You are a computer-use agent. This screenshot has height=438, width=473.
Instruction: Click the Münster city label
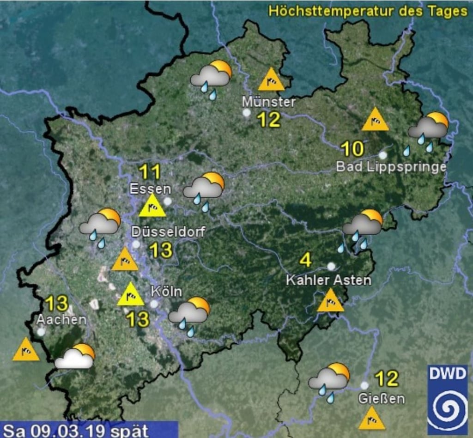tap(269, 102)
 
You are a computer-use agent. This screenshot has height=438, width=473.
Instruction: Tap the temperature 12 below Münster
tap(268, 120)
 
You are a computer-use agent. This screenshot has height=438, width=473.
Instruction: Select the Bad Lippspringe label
tap(391, 167)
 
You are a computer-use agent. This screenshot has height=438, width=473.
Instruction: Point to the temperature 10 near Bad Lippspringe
tap(352, 149)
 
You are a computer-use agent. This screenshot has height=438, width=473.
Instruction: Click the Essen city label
tap(150, 189)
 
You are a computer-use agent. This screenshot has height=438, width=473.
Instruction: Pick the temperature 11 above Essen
tap(150, 172)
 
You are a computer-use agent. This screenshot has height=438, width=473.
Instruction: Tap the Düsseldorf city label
tap(168, 231)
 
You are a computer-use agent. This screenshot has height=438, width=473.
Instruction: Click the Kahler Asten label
tap(328, 280)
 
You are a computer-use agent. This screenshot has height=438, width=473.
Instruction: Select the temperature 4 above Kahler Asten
tap(305, 260)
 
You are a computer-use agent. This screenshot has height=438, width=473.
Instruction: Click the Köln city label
tap(166, 292)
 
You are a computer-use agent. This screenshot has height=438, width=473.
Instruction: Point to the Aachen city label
tap(61, 319)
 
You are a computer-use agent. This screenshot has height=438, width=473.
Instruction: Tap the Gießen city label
tap(382, 398)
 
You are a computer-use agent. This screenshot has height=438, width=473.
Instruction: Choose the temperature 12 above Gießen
tap(387, 379)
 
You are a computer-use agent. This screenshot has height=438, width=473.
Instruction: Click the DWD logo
tap(447, 399)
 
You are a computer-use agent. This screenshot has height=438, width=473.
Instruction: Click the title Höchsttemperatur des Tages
tap(368, 11)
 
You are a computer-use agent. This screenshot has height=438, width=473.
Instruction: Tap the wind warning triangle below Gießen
tap(372, 419)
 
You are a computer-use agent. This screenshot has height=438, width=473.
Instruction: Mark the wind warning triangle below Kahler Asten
tap(331, 301)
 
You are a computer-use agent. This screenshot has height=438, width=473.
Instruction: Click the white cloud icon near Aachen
tap(75, 357)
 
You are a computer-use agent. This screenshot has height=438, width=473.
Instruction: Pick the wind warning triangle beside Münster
tap(271, 80)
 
